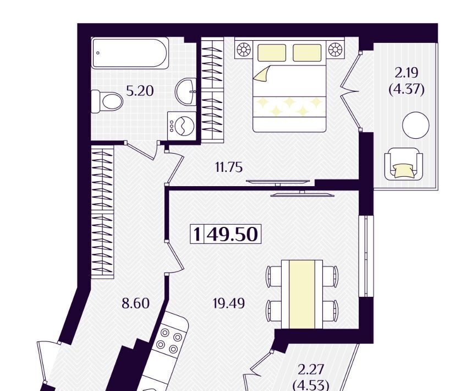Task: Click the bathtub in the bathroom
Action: [x=130, y=53]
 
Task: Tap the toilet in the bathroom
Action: [x=107, y=101]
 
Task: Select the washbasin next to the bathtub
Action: [x=186, y=91]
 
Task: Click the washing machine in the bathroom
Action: [x=182, y=126]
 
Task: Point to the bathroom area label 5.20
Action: [x=140, y=91]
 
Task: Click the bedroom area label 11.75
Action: [x=229, y=167]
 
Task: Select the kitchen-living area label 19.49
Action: [x=229, y=303]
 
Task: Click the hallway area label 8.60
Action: [x=135, y=303]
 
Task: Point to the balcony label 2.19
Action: [x=407, y=73]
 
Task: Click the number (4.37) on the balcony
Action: [x=407, y=89]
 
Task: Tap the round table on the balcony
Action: [x=416, y=125]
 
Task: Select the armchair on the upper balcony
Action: [x=404, y=164]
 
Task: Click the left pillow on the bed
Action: [x=272, y=53]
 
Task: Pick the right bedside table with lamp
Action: [x=336, y=49]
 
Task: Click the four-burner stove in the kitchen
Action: [x=169, y=341]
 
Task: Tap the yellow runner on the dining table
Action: [x=302, y=294]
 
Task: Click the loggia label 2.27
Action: [x=311, y=370]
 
